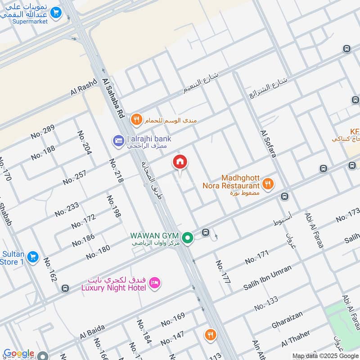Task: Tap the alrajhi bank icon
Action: tap(118, 141)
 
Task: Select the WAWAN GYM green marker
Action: tap(188, 238)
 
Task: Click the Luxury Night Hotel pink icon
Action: tap(155, 283)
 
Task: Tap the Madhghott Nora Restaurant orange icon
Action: tap(268, 184)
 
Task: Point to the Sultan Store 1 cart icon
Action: tap(32, 257)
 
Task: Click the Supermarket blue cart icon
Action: tap(56, 13)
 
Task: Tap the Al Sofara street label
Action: tap(268, 144)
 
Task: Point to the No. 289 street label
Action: tap(43, 131)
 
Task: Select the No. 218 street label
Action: tap(116, 171)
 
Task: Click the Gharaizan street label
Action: tap(287, 319)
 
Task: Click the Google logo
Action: tap(19, 354)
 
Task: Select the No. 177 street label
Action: tap(223, 272)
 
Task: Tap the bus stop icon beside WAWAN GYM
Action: tap(206, 233)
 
